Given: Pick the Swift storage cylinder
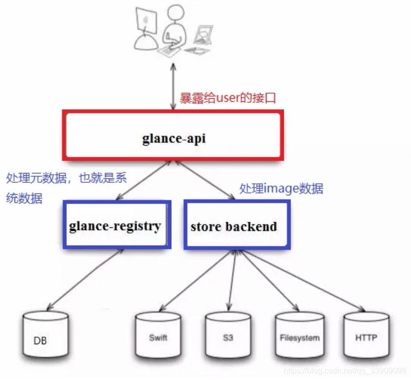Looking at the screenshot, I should click(x=158, y=337).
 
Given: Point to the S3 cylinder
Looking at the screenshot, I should click(x=228, y=337).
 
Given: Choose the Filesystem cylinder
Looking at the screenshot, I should click(x=299, y=337).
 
